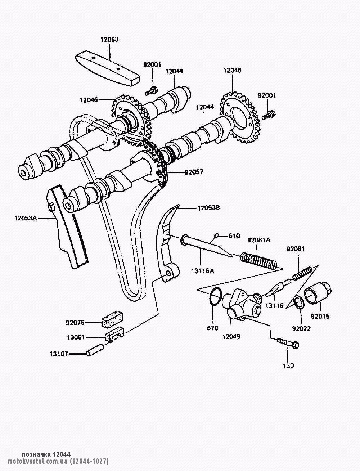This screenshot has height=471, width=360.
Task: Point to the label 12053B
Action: (208, 208)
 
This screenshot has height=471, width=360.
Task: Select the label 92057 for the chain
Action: (194, 172)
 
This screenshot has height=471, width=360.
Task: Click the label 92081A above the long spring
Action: (258, 240)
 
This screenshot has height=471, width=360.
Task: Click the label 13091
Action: (76, 338)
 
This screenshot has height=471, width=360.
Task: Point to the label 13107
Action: (58, 354)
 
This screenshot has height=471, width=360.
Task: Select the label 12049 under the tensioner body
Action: (231, 337)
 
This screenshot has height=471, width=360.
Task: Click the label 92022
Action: (301, 328)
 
